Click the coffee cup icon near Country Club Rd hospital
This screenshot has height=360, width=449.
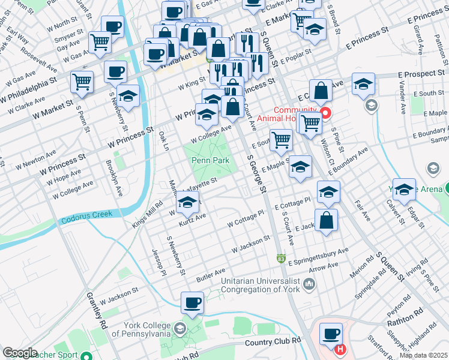coord(330,333)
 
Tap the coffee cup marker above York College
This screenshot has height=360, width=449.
coord(192,302)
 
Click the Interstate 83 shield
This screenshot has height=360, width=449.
coord(280,259)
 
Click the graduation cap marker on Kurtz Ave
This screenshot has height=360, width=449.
coord(188,205)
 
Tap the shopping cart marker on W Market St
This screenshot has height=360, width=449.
coord(82,81)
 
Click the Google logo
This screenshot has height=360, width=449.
coord(20,353)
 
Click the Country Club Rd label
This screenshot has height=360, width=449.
coord(273,341)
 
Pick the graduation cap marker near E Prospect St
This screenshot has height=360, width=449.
coord(363,85)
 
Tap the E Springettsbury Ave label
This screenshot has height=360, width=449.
coord(318,256)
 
